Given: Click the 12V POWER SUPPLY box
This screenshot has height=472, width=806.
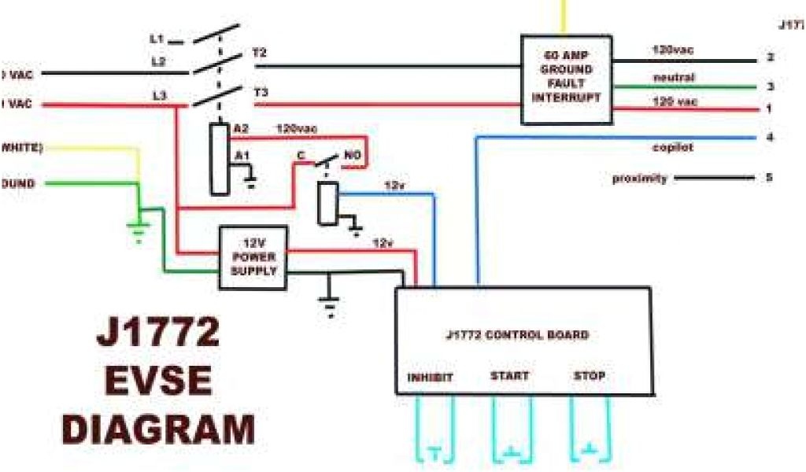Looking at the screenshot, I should point(253,253).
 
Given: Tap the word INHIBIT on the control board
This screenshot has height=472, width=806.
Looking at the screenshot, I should point(430,378).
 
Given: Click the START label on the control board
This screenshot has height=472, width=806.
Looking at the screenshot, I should point(509,376).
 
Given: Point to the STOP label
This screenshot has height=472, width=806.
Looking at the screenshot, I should point(590,376).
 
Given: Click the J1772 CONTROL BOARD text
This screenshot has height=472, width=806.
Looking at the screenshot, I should point(516,335).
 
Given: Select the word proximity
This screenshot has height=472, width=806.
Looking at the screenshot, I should point(640,179).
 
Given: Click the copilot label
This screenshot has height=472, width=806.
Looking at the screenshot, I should point(672,147).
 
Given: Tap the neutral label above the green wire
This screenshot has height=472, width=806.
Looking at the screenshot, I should point(674,77).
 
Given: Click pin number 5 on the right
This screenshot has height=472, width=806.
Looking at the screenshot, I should point(769,178).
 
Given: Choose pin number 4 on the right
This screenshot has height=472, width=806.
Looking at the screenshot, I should point(770,138).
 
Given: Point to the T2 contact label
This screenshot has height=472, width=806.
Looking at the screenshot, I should point(260,53).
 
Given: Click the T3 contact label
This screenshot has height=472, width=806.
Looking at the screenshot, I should point(261,93).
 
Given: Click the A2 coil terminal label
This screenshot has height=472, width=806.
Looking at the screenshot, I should point(241,128).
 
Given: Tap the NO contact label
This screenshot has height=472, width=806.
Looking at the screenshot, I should point(352,156).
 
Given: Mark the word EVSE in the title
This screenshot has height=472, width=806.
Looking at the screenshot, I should point(157,382).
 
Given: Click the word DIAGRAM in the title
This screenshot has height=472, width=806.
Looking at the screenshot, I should point(157,430).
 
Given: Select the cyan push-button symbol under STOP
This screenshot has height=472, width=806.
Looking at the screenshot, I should point(590,452).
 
